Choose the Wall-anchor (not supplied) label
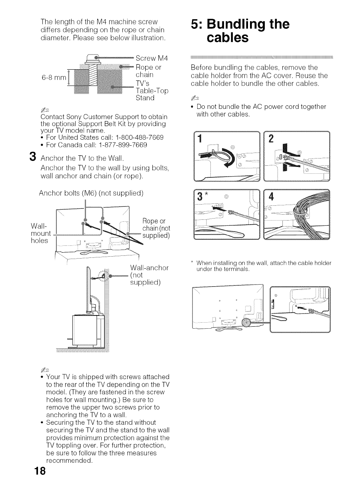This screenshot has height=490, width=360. click(149, 275)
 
